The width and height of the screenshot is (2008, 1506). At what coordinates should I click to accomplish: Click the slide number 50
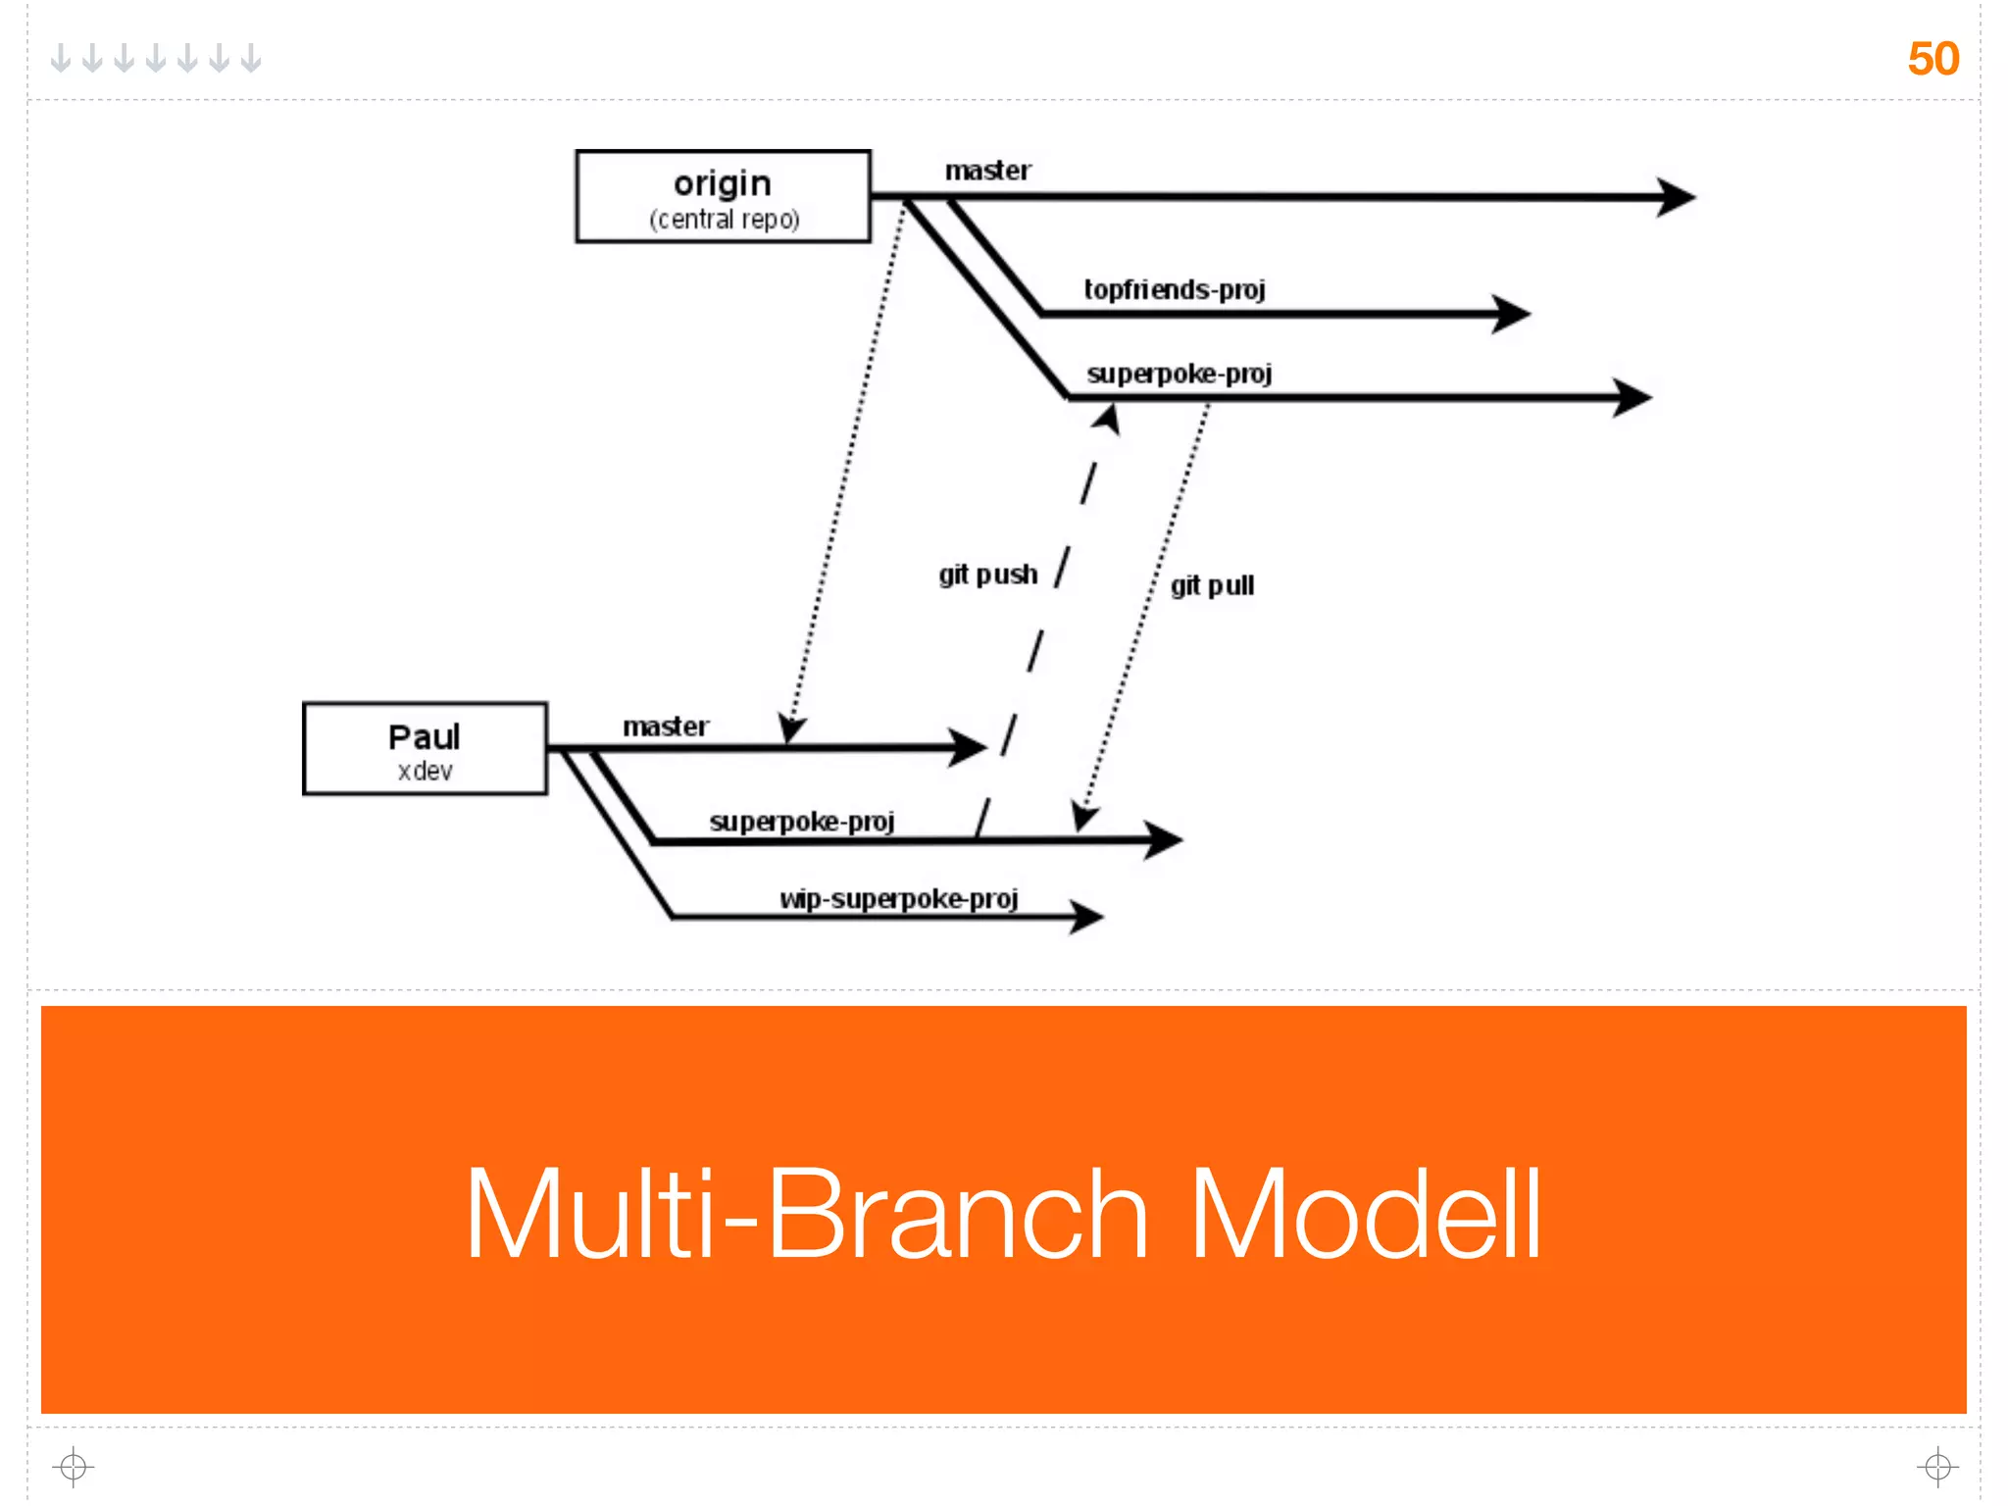point(1933,59)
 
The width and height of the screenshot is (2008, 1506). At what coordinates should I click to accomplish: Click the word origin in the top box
point(723,184)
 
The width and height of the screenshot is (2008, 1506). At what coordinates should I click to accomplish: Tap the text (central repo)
point(725,219)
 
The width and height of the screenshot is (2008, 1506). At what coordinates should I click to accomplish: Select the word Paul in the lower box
point(424,737)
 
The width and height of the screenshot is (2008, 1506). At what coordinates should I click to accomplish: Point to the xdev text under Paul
point(426,772)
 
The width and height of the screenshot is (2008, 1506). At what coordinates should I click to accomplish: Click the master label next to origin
point(987,172)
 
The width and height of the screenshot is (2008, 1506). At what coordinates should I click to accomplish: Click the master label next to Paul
point(666,727)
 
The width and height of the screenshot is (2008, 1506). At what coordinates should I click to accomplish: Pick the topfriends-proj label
point(1175,290)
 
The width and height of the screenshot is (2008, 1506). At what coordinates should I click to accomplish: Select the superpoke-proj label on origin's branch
point(1180,375)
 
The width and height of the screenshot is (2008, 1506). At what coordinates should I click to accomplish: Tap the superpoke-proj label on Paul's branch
point(802,822)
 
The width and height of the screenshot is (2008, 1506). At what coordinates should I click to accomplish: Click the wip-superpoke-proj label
point(899,899)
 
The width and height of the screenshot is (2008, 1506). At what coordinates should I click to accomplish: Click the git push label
point(987,575)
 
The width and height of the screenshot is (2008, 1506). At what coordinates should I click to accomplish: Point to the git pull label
point(1212,586)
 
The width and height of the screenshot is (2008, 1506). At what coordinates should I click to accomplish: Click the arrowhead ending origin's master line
point(1676,197)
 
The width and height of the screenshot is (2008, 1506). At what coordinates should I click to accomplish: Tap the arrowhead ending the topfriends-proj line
point(1511,314)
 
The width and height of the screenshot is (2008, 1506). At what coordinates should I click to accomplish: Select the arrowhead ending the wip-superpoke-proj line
point(1086,917)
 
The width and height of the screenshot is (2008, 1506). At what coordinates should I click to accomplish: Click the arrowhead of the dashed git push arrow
point(1107,419)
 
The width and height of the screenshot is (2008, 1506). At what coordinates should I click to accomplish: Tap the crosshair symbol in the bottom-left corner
point(73,1467)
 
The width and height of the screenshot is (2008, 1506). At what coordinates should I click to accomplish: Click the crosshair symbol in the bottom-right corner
point(1937,1467)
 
